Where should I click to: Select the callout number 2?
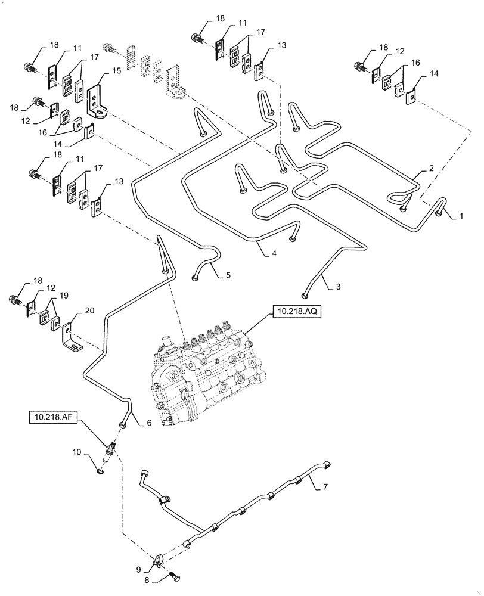pyautogui.click(x=430, y=169)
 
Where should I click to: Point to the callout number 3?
pyautogui.click(x=337, y=287)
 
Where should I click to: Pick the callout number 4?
pyautogui.click(x=273, y=253)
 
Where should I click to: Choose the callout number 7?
pyautogui.click(x=325, y=487)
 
